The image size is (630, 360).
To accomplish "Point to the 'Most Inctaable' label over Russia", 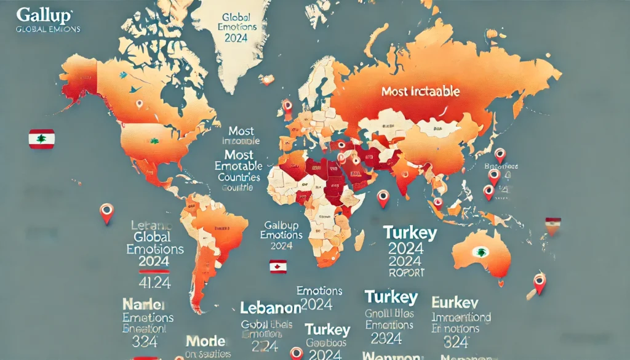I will click(x=420, y=92).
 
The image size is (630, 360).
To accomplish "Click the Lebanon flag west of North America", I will click(x=42, y=138).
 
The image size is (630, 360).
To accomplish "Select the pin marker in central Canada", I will click(x=139, y=104).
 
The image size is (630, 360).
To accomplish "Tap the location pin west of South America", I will click(x=106, y=212).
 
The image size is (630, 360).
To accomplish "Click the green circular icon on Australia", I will click(x=479, y=252).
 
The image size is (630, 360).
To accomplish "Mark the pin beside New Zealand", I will click(x=540, y=282).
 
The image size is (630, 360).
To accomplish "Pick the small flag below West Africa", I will click(x=278, y=267).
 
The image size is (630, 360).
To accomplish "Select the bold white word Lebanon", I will click(x=270, y=308).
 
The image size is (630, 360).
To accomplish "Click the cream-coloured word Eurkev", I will click(x=456, y=303).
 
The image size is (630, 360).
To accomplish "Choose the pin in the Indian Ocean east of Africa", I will click(x=383, y=198).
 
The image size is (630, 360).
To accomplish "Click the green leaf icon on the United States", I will click(x=154, y=141).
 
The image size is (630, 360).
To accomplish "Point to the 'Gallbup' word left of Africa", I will click(x=281, y=225).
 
